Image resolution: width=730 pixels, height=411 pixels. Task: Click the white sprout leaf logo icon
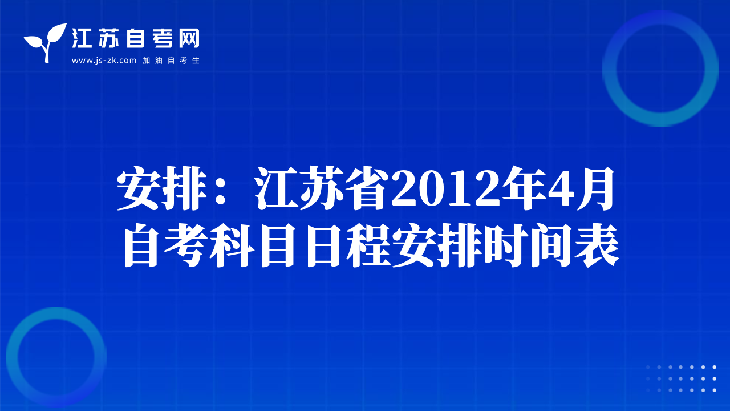coord(46,42)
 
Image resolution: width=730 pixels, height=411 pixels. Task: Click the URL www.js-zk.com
coord(104,61)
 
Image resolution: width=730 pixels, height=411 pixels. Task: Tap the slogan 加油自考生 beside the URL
coord(171,61)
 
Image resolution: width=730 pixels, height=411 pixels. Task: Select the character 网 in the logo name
coord(189,38)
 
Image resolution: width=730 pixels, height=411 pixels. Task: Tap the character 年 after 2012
coord(524,188)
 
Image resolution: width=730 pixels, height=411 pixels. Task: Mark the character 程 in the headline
coord(369,245)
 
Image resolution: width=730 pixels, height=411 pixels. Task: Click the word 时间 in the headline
coord(528,245)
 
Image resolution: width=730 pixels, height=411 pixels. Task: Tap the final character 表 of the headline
coord(597,245)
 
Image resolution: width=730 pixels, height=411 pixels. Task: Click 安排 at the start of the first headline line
coord(163,188)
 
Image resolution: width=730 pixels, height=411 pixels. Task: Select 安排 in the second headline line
coord(437,245)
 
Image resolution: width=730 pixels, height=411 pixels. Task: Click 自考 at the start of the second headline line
coord(166,245)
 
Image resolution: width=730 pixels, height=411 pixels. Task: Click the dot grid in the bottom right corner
coord(681,378)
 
